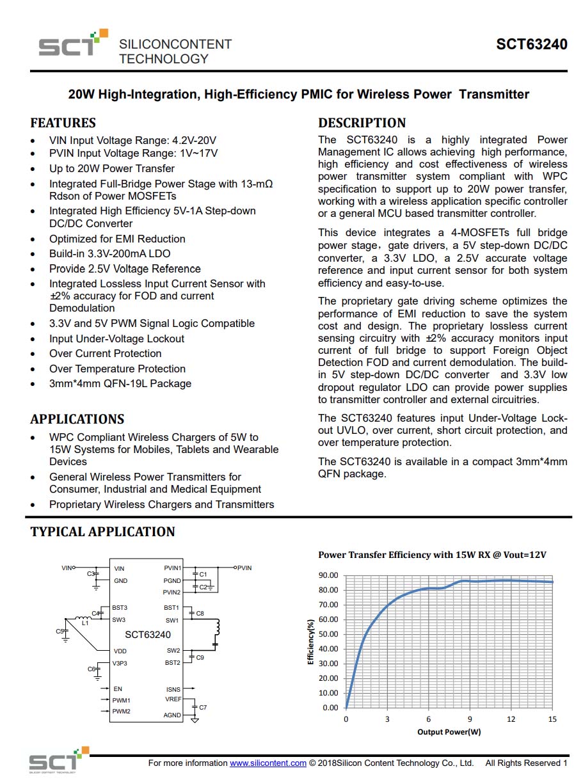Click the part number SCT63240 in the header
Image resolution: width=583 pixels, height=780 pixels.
[531, 45]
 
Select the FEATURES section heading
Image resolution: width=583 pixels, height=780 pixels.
[63, 123]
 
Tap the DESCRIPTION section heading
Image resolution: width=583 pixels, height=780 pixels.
[362, 123]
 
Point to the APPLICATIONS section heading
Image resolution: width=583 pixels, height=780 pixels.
[77, 419]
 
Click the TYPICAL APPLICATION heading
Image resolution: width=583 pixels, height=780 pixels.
[102, 532]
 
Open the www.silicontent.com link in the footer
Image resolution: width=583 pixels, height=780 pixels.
[268, 763]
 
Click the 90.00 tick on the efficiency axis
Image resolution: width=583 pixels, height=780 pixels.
[328, 575]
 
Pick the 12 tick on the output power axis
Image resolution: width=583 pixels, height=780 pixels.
[511, 719]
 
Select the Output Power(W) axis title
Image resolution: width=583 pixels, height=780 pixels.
[449, 731]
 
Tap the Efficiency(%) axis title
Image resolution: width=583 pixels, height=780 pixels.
[311, 642]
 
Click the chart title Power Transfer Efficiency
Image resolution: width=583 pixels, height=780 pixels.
[432, 555]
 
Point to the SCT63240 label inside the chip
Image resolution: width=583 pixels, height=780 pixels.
[148, 635]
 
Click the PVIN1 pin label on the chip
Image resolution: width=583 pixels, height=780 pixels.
[172, 568]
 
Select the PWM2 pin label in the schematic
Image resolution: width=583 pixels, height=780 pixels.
[122, 712]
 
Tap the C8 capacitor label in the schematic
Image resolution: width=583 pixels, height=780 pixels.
[200, 614]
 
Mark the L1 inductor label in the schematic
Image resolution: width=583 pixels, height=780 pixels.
[85, 623]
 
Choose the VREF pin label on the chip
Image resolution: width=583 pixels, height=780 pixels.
[173, 699]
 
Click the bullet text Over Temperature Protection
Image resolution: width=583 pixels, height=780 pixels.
[117, 369]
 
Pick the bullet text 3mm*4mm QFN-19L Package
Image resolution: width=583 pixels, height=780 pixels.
[120, 384]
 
